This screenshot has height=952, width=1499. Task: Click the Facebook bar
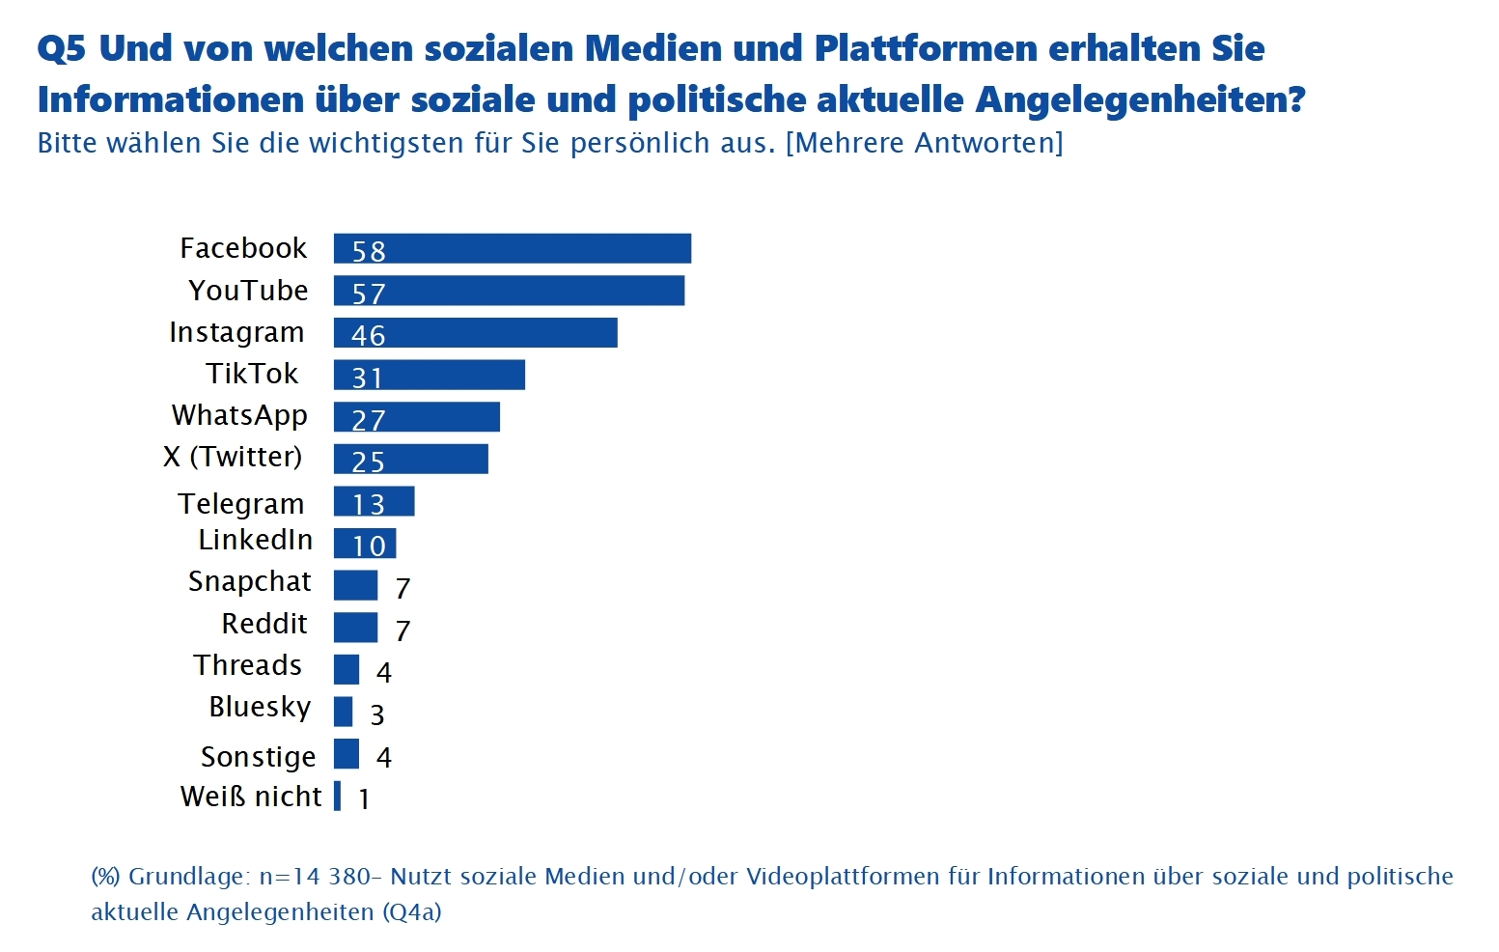[x=513, y=248]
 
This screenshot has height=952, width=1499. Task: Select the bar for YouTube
[x=509, y=291]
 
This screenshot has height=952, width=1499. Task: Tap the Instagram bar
[x=475, y=333]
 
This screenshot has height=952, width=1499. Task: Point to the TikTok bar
[x=430, y=375]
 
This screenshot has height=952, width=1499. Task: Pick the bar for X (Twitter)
[x=411, y=459]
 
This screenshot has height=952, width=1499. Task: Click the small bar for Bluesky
[x=343, y=712]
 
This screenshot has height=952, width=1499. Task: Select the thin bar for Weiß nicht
[x=337, y=796]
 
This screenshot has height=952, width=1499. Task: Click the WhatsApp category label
[x=239, y=415]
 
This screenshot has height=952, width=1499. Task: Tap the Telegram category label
[x=241, y=504]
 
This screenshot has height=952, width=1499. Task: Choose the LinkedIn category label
[x=256, y=540]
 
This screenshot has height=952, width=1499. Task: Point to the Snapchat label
[x=250, y=581]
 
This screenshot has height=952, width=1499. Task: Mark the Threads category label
[x=248, y=665]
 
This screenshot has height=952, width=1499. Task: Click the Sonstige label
[x=259, y=757]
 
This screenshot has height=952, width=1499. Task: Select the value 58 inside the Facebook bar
[x=369, y=251]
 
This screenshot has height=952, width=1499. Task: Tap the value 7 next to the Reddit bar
[x=403, y=630]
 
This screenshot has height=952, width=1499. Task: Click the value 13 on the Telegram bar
[x=369, y=504]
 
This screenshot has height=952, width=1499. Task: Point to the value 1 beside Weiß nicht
[x=364, y=798]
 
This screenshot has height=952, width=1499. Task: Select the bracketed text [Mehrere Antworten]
[x=925, y=143]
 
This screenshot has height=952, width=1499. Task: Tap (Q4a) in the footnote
[x=411, y=911]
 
